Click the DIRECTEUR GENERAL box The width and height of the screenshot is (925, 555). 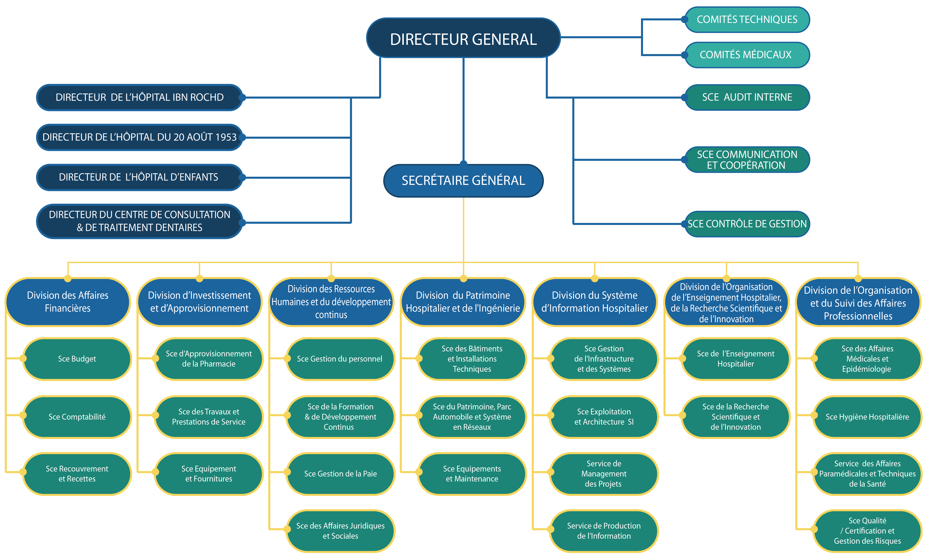pyautogui.click(x=463, y=38)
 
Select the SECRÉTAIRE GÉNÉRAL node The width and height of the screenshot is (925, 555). pyautogui.click(x=463, y=181)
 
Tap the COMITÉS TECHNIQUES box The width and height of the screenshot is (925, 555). pyautogui.click(x=747, y=20)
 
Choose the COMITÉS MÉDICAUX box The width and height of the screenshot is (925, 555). pyautogui.click(x=747, y=55)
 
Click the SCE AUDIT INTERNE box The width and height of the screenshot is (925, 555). pyautogui.click(x=747, y=97)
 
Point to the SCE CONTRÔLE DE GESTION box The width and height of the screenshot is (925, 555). pyautogui.click(x=747, y=224)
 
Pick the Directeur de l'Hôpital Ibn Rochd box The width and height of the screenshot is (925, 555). pyautogui.click(x=140, y=97)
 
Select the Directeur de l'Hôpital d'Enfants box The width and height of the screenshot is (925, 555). pyautogui.click(x=140, y=177)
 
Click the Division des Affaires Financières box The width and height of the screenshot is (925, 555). pyautogui.click(x=68, y=302)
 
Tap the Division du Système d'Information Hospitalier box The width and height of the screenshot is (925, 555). pyautogui.click(x=595, y=302)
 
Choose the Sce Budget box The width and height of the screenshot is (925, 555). pyautogui.click(x=77, y=359)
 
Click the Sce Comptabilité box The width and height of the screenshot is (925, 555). pyautogui.click(x=77, y=417)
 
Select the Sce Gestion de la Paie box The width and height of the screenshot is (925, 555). pyautogui.click(x=341, y=474)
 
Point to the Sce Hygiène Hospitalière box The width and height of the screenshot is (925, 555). pyautogui.click(x=867, y=417)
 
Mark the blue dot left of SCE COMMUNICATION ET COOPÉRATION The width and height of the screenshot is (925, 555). pyautogui.click(x=684, y=160)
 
